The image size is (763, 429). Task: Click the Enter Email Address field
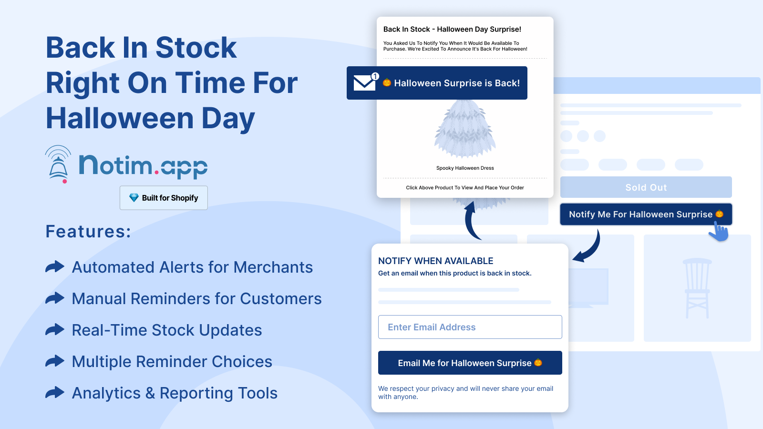470,327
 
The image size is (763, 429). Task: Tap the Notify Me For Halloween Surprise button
646,214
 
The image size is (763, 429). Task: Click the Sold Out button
646,187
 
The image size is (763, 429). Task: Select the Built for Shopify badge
164,198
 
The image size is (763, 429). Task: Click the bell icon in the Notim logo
58,164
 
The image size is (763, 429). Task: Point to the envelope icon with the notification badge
366,82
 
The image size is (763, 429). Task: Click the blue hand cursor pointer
719,232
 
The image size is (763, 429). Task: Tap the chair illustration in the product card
697,288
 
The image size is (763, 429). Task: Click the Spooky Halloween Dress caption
465,168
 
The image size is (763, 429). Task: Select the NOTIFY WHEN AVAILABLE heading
436,261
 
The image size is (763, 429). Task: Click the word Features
88,232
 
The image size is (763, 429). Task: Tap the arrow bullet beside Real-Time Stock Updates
55,329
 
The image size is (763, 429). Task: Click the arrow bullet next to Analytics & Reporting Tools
55,393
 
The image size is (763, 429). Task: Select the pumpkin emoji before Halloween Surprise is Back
387,82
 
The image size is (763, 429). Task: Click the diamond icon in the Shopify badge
134,197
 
